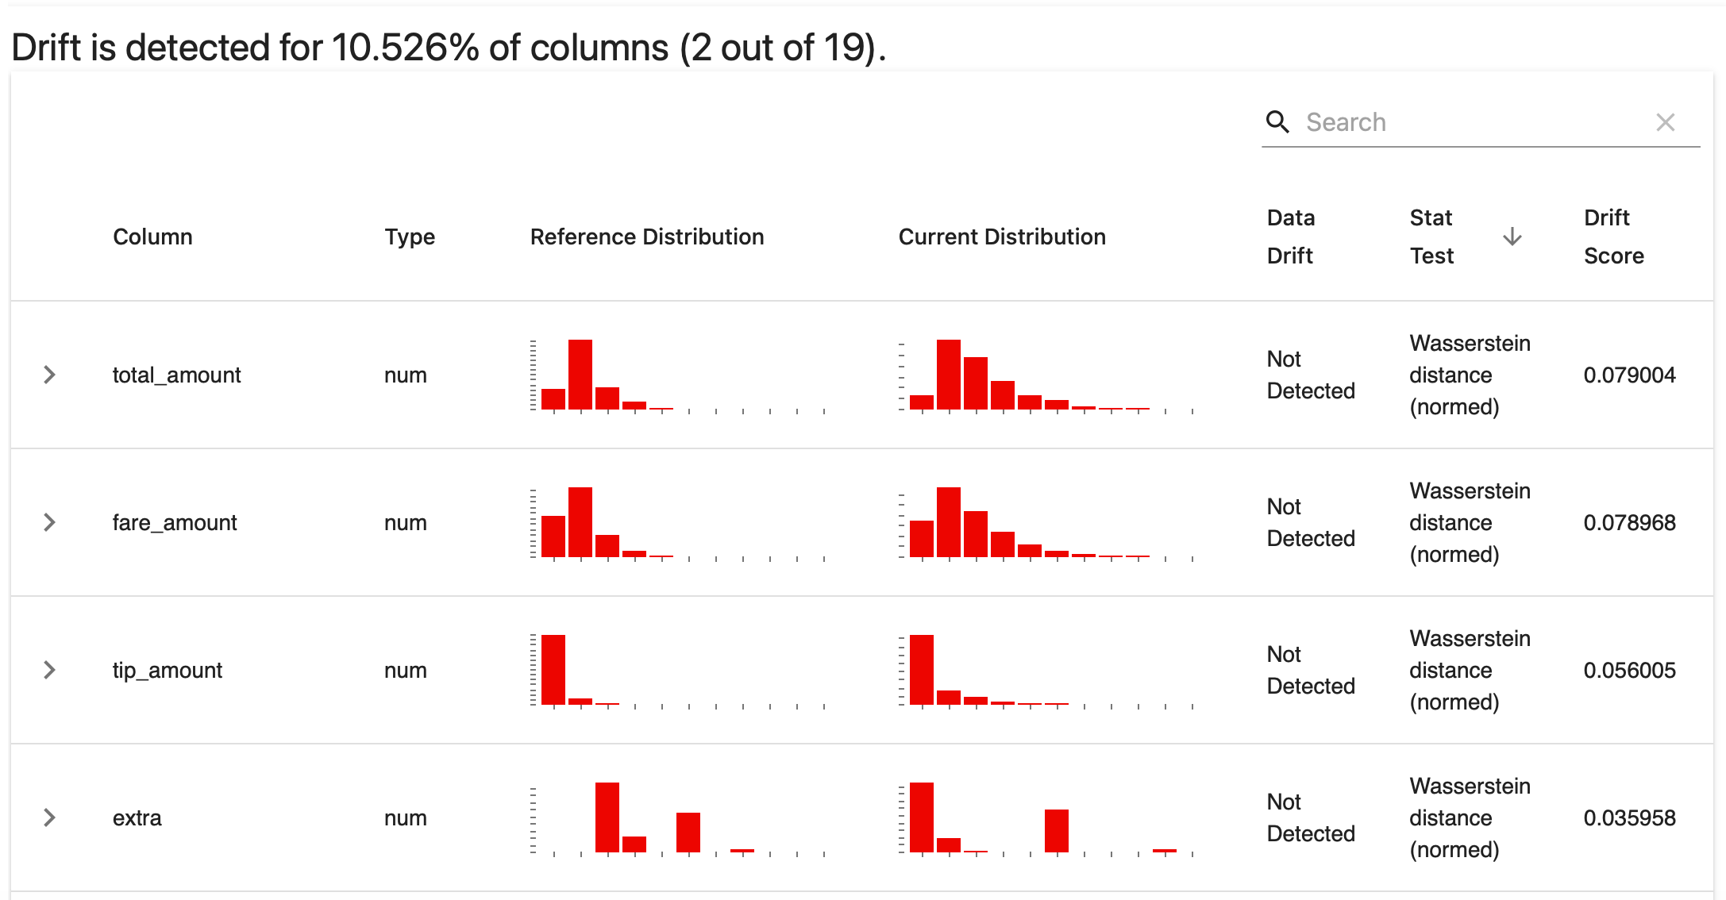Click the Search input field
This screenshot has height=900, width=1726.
[x=1469, y=122]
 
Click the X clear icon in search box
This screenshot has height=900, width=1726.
[x=1665, y=122]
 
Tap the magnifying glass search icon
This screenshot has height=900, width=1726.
[x=1277, y=122]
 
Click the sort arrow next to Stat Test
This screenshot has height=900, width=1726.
[x=1512, y=237]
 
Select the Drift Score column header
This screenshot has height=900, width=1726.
[x=1613, y=237]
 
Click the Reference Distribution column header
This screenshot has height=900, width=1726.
[x=646, y=237]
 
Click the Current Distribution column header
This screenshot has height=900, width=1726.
[x=1001, y=237]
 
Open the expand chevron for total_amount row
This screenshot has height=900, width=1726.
[x=49, y=375]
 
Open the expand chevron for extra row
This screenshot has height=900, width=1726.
[x=49, y=817]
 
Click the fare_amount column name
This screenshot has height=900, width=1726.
[x=175, y=522]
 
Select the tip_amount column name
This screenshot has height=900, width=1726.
[x=167, y=670]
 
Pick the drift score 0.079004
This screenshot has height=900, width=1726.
[x=1629, y=375]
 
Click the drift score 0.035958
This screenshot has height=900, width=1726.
[x=1629, y=817]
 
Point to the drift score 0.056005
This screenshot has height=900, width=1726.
[x=1629, y=670]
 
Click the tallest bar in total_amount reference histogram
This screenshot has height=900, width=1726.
[x=580, y=375]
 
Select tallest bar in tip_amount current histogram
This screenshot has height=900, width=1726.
[x=921, y=670]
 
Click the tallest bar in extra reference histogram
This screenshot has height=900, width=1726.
[x=607, y=817]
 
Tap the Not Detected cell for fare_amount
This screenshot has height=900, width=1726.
[x=1310, y=522]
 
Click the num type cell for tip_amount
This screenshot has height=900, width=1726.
[x=405, y=670]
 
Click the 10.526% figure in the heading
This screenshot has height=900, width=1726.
[x=405, y=48]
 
